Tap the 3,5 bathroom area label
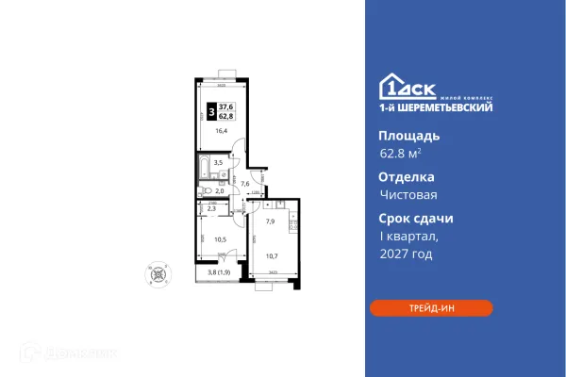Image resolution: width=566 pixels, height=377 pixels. pyautogui.click(x=219, y=163)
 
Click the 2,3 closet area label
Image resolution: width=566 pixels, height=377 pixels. pyautogui.click(x=212, y=209)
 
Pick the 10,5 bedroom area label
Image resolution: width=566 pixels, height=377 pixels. pyautogui.click(x=221, y=240)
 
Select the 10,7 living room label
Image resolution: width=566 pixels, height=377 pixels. pyautogui.click(x=272, y=256)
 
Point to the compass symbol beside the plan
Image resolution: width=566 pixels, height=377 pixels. pyautogui.click(x=155, y=274)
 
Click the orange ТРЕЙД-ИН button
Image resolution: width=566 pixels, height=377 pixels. pyautogui.click(x=430, y=307)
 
